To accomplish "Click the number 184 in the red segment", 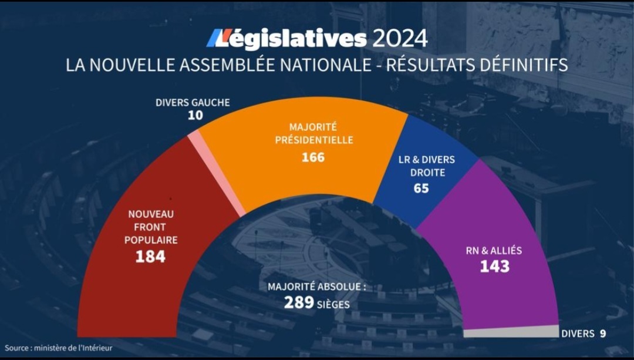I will [x=150, y=257].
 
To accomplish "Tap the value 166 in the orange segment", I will [x=313, y=157].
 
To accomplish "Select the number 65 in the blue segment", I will [x=421, y=189].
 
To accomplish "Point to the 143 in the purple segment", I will [x=494, y=267].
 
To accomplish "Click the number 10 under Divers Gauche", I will [x=195, y=116].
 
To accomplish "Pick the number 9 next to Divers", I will [x=602, y=334].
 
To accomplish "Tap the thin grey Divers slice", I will [x=511, y=332].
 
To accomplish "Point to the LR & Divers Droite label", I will [x=426, y=166].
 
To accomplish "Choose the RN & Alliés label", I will [x=494, y=251].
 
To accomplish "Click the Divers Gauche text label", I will [x=193, y=103].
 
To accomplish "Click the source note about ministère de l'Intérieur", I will [x=59, y=348].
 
